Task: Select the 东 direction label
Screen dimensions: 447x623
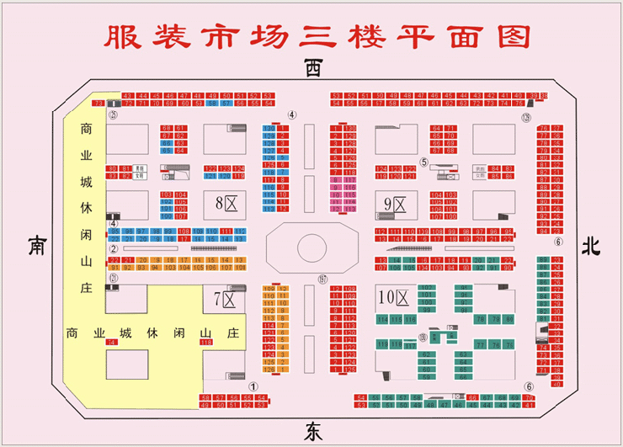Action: point(312,430)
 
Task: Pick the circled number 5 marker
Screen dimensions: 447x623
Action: point(424,162)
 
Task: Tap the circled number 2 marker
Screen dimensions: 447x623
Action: point(113,248)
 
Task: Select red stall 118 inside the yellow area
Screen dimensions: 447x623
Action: point(205,342)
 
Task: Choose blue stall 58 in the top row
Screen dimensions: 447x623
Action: point(214,104)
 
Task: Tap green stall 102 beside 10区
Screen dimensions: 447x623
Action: point(426,288)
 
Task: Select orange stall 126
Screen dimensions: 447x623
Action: point(269,369)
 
